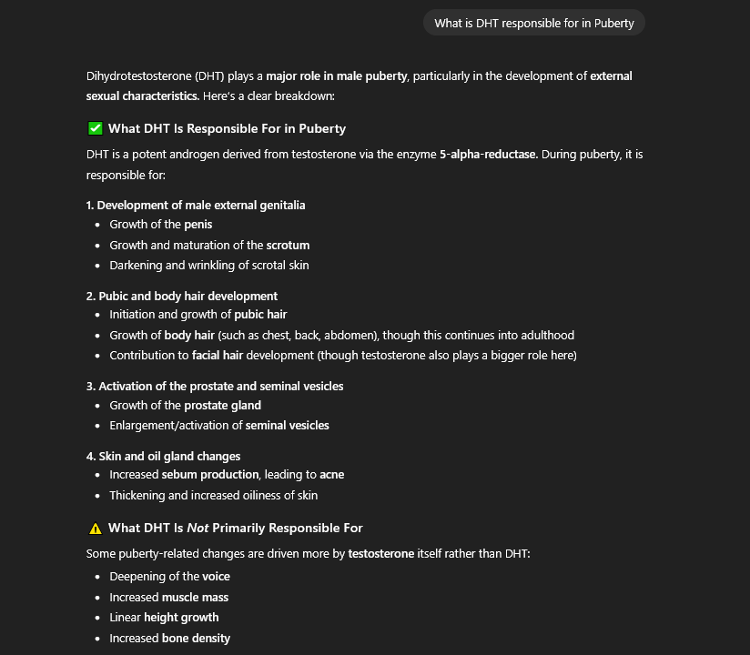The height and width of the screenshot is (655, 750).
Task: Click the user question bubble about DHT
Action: coord(533,23)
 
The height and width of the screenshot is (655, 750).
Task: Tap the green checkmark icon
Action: coord(95,128)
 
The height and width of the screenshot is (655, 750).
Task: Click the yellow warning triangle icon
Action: coord(95,528)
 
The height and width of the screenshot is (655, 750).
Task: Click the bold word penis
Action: coord(198,224)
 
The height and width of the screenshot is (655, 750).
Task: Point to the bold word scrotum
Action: coord(288,245)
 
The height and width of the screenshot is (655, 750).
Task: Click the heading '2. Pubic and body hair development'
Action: coord(182,296)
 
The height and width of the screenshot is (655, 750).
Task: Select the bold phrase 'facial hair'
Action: coord(218,355)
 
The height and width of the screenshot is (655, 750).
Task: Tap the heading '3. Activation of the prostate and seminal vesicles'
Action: coord(215,386)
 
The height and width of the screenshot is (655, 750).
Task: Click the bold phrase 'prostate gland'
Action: coord(222,405)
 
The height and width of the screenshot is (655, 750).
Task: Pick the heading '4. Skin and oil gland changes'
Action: coord(163,456)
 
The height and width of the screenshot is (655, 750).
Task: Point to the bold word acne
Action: coord(331,474)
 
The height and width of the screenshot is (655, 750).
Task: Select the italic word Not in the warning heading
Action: coord(198,528)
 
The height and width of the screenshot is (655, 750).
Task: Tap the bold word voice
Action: coord(216,576)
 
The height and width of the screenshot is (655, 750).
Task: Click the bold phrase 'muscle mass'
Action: coord(195,597)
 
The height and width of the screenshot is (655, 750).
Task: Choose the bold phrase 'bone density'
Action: coord(196,638)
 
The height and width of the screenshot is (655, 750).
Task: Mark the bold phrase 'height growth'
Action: coord(181,617)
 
